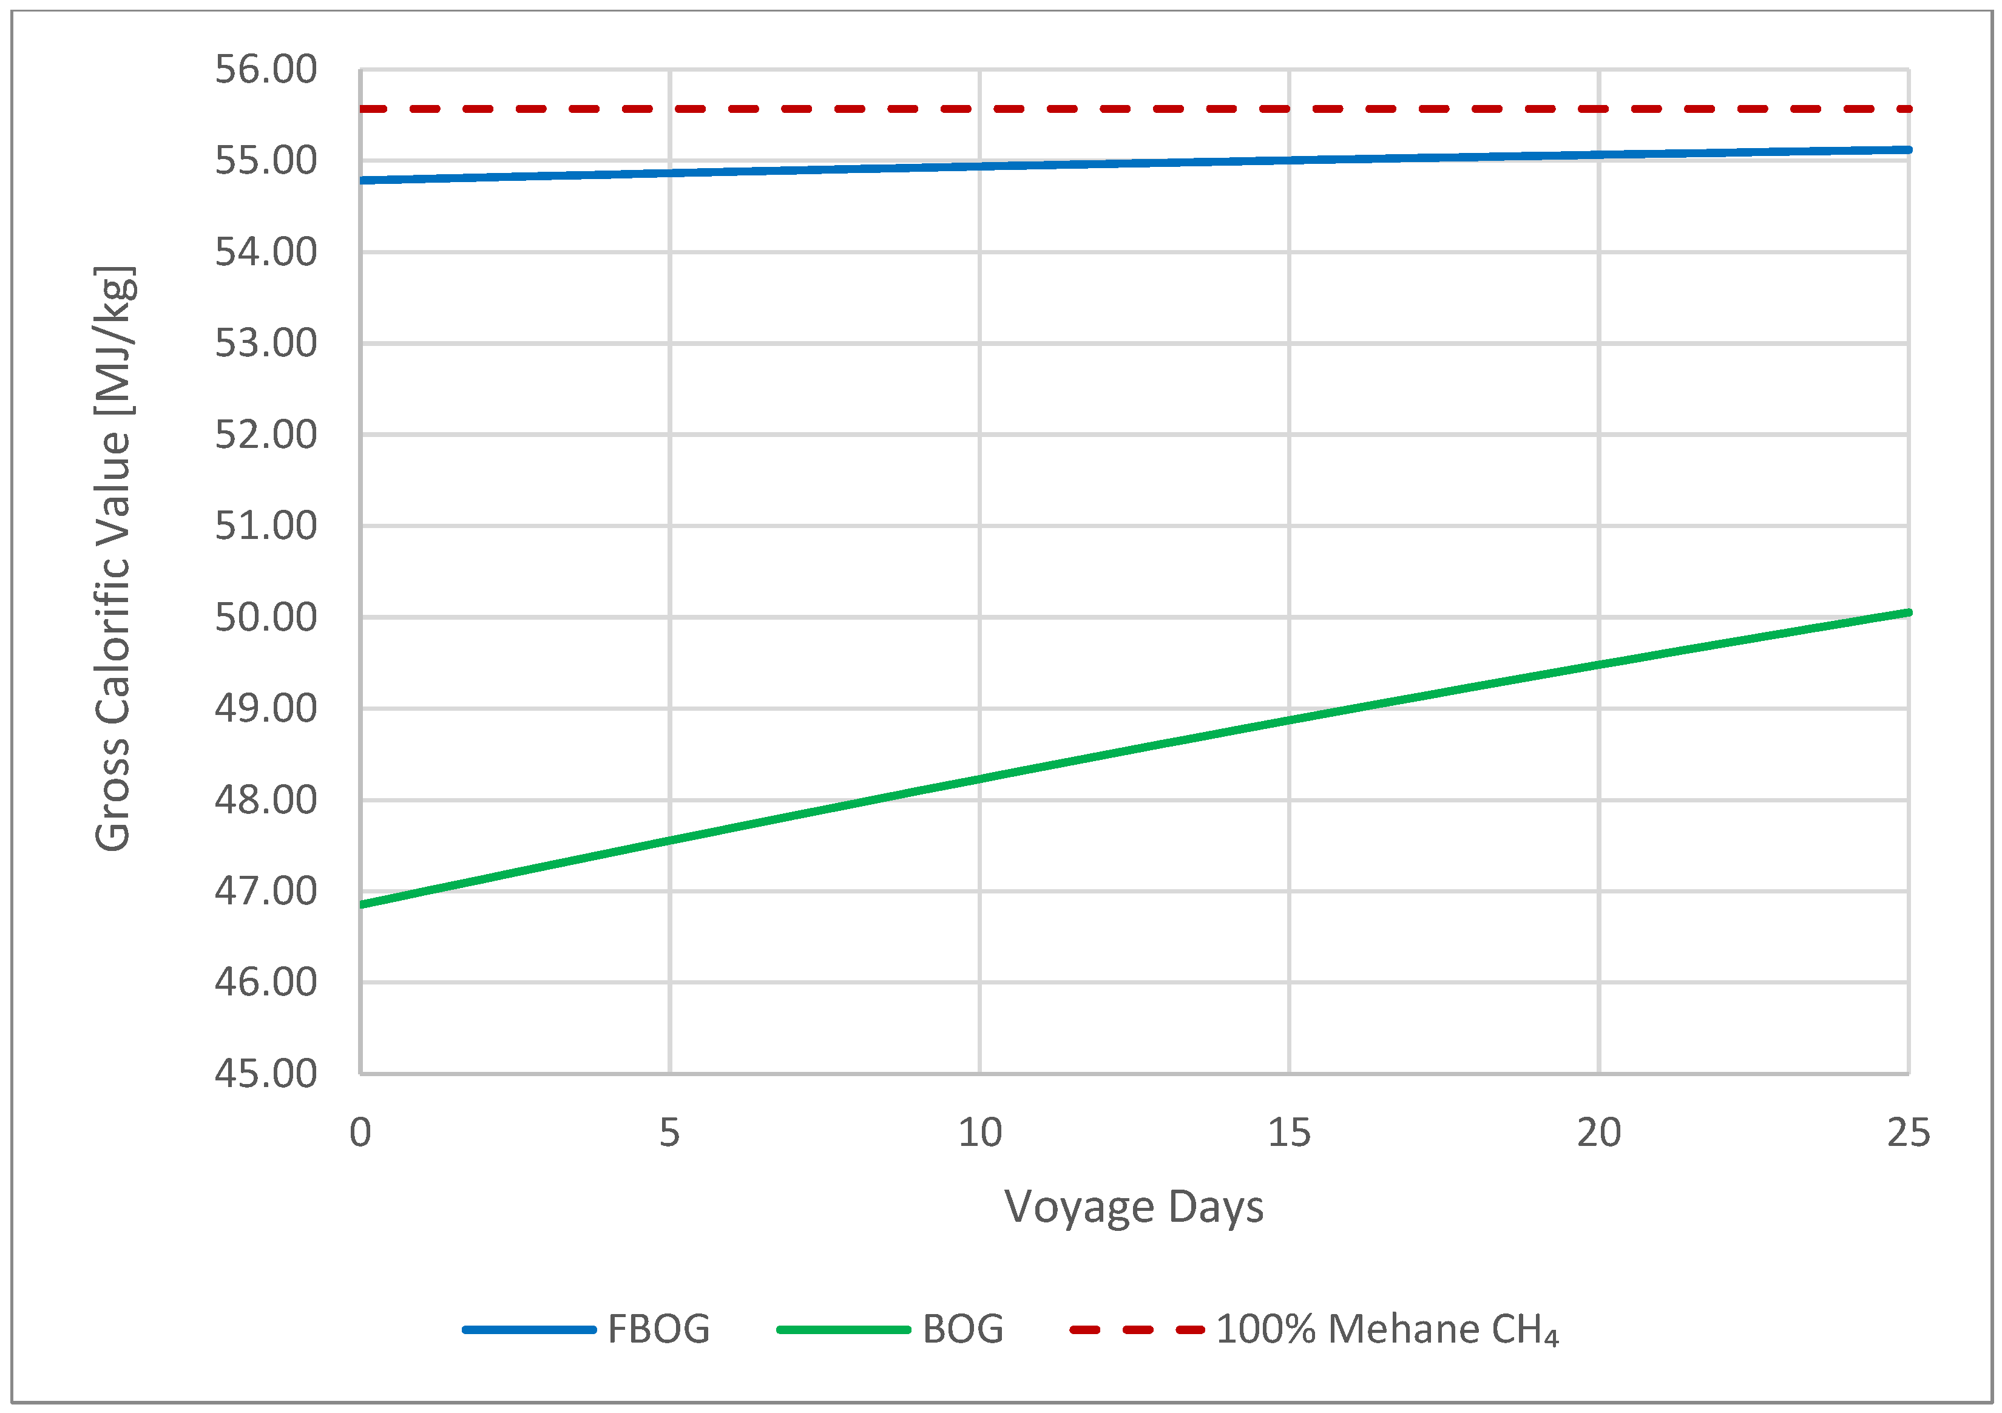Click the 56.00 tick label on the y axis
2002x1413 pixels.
click(265, 70)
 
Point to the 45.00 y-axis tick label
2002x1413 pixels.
click(265, 1073)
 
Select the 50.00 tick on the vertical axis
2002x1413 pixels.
click(265, 617)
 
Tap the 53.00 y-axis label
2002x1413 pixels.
click(265, 343)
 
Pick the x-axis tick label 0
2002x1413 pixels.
click(360, 1133)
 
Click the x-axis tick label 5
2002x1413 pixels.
click(669, 1133)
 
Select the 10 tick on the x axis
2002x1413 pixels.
click(979, 1133)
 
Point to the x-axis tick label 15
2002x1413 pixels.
click(1289, 1133)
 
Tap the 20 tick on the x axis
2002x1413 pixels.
click(1598, 1133)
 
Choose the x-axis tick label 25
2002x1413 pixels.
click(1908, 1133)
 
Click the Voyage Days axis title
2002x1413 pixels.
click(1134, 1208)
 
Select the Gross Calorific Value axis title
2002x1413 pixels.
click(113, 558)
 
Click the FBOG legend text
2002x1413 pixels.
click(658, 1329)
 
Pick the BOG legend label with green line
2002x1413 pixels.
click(962, 1329)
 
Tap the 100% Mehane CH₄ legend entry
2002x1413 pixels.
click(1387, 1329)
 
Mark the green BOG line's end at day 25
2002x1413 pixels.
click(1908, 612)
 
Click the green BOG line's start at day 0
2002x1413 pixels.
click(362, 904)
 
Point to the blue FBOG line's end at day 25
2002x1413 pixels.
click(1908, 150)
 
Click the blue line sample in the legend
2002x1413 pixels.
click(529, 1330)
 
